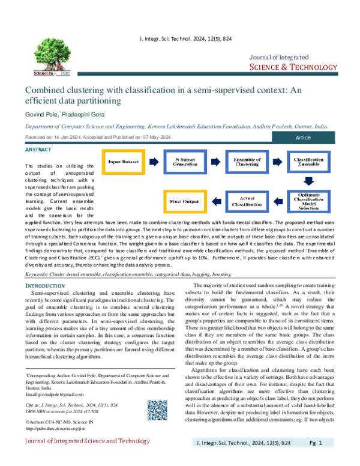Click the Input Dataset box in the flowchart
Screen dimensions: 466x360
click(x=122, y=162)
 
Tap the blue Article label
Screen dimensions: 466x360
click(x=307, y=138)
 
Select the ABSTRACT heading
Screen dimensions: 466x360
click(x=38, y=148)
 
